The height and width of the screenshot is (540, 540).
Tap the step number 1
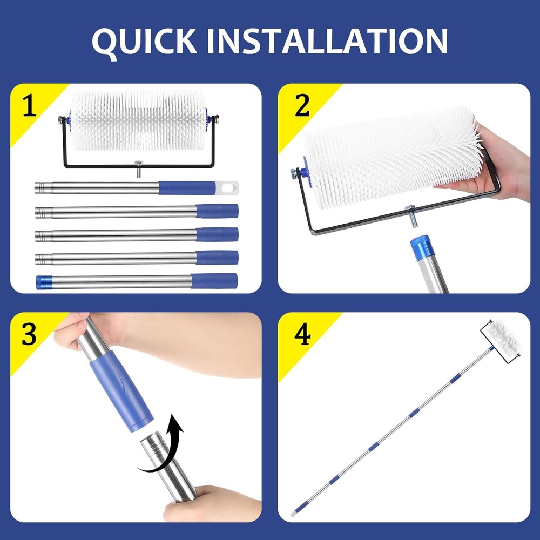point(29,106)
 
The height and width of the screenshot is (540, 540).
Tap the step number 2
point(302,106)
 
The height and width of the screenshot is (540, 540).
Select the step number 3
point(29,335)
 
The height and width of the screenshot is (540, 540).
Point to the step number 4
point(302,335)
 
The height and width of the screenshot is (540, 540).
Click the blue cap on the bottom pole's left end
point(43,281)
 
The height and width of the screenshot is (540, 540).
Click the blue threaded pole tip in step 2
point(422,246)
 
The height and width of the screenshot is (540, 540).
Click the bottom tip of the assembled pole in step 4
point(293,512)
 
